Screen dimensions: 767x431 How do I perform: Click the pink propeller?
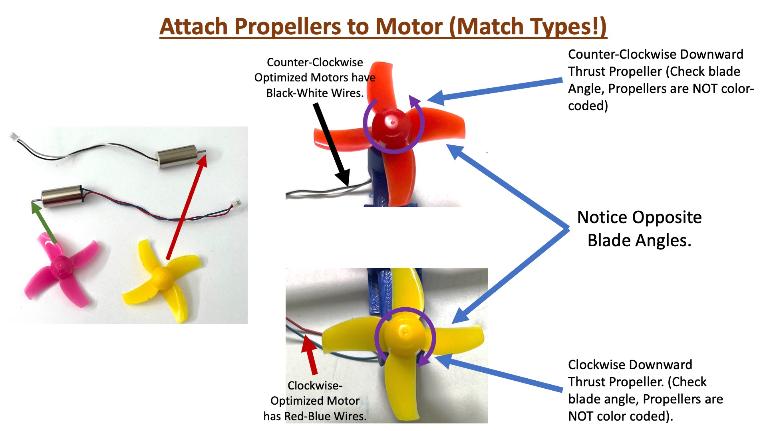(62, 269)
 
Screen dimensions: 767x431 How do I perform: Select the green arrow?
(44, 222)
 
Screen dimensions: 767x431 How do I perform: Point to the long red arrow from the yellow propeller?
(187, 207)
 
